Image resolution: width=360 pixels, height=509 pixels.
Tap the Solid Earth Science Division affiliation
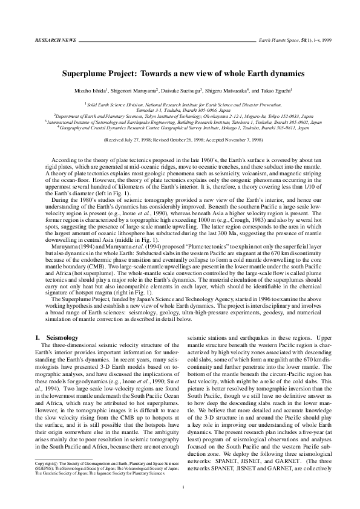[x=111, y=104]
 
